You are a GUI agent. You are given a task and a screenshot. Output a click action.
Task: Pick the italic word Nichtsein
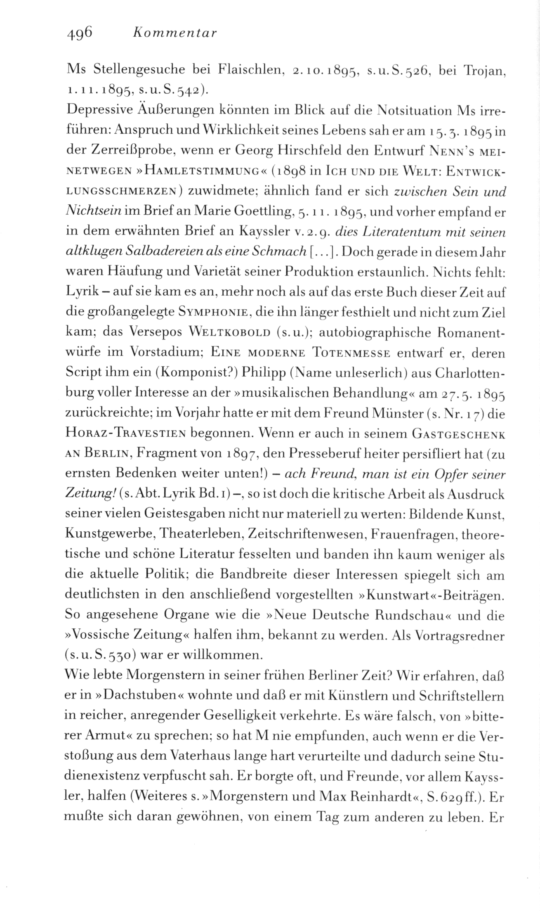pyautogui.click(x=93, y=211)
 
